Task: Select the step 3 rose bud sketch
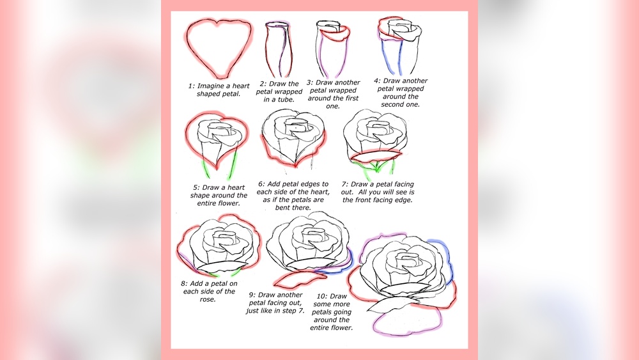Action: tap(332, 49)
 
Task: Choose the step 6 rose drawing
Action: tap(293, 139)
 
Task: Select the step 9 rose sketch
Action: tap(310, 249)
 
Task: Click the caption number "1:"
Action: tap(192, 86)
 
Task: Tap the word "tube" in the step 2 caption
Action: tap(285, 100)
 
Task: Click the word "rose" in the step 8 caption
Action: tap(208, 300)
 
